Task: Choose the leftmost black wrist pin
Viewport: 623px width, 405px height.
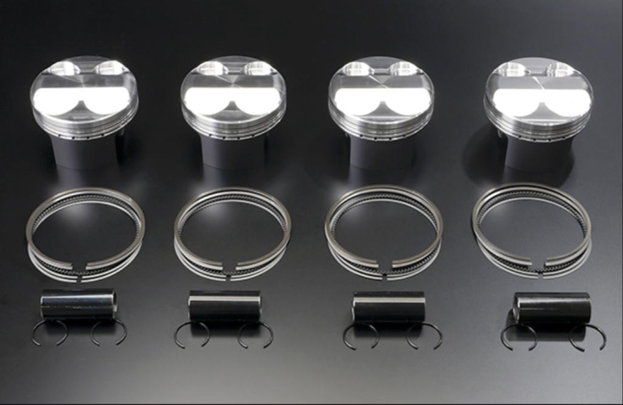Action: [x=78, y=304]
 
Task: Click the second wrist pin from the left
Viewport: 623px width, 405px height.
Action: [x=224, y=305]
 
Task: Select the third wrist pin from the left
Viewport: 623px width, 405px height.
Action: [x=388, y=306]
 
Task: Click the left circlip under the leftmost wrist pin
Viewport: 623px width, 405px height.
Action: [x=49, y=332]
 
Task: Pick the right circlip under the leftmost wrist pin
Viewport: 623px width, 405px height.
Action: [x=109, y=332]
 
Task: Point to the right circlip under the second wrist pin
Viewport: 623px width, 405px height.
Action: [x=255, y=334]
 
